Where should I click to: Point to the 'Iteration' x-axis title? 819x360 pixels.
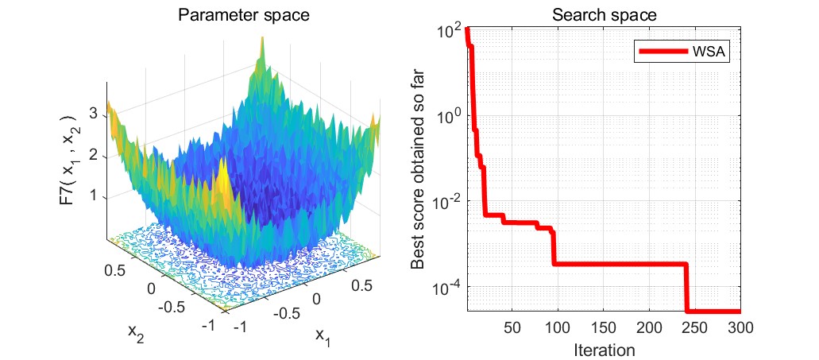[x=603, y=348]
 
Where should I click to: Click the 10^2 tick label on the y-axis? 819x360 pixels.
[x=450, y=31]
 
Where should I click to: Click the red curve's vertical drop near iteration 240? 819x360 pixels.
[x=686, y=288]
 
